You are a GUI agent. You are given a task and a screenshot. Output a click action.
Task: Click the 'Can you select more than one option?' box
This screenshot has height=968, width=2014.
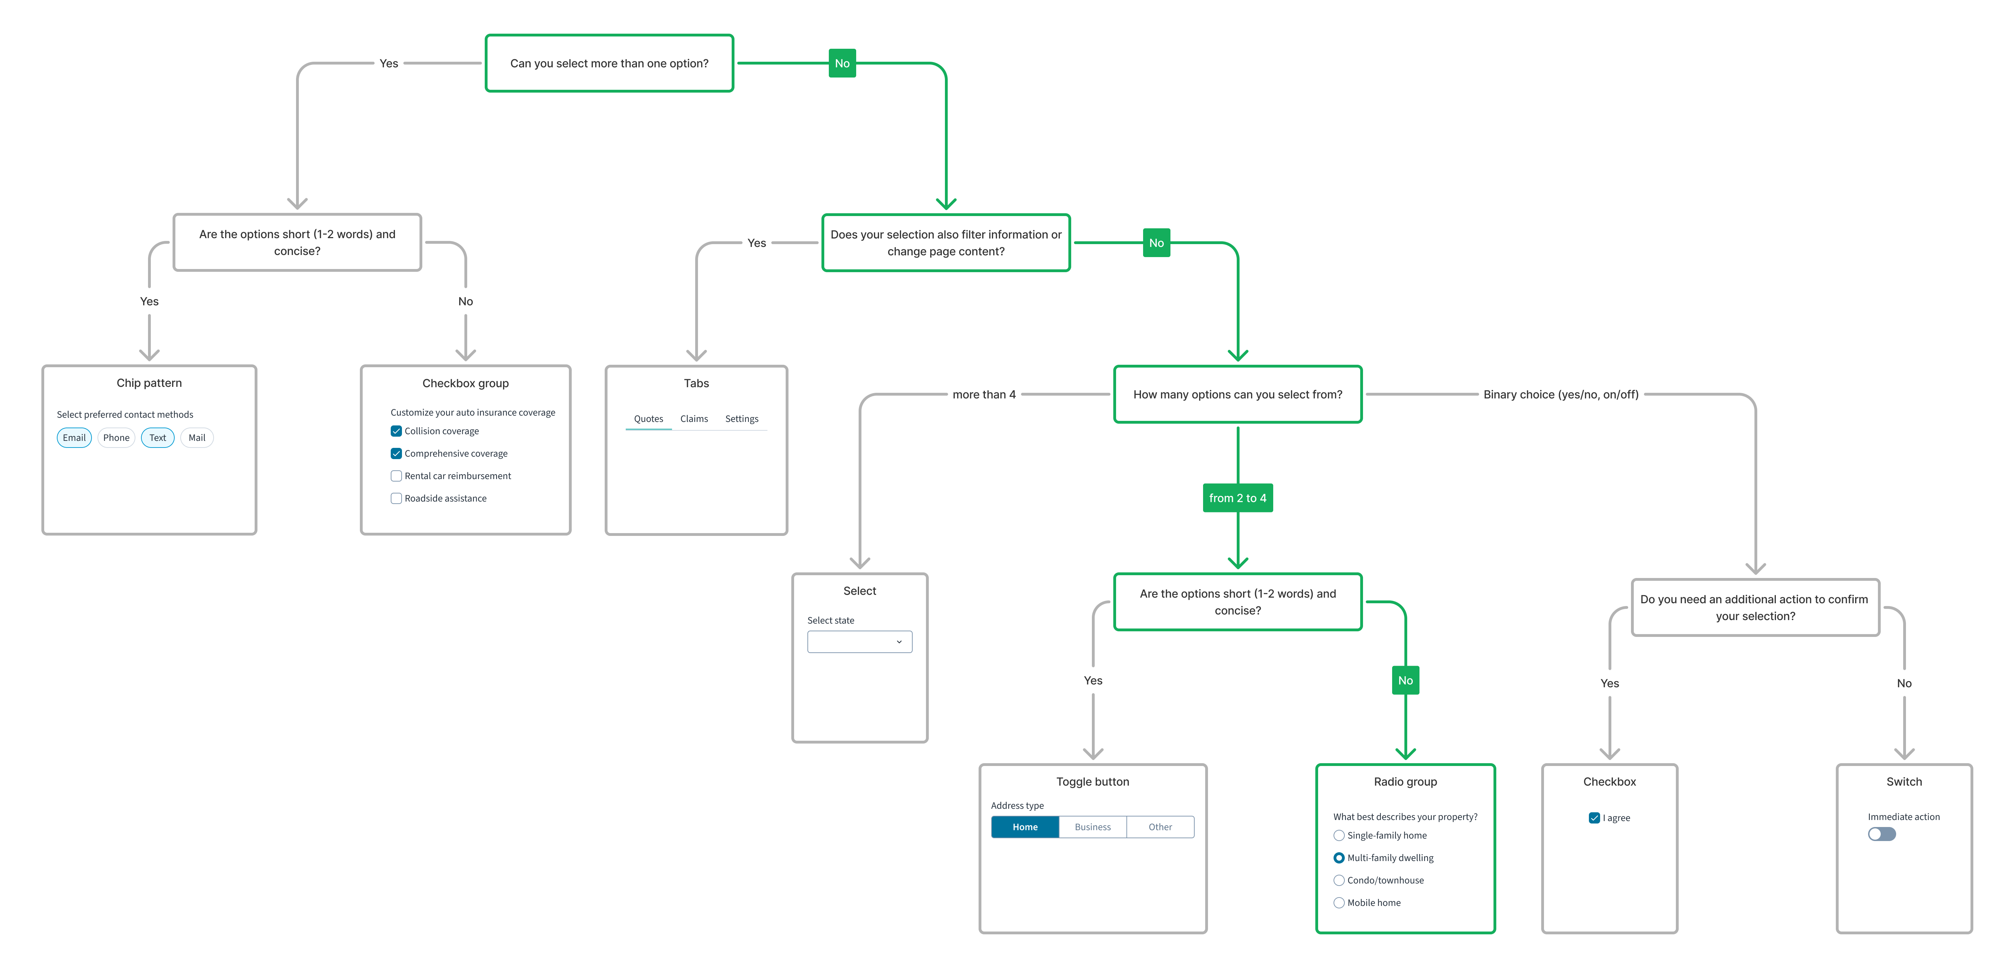(x=609, y=63)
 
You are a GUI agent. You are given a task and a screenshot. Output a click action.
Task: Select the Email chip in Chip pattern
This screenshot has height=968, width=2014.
(x=74, y=438)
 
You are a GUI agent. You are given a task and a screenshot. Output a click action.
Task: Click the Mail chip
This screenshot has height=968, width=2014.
(x=197, y=438)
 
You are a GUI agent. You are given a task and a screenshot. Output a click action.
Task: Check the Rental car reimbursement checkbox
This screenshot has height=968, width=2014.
(x=396, y=476)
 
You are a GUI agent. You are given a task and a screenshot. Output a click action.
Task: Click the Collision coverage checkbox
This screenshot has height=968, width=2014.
(x=396, y=431)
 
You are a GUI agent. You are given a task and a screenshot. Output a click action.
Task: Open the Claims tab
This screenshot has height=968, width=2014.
(x=693, y=419)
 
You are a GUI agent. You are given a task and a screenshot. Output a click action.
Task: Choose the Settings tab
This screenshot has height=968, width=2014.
(x=741, y=419)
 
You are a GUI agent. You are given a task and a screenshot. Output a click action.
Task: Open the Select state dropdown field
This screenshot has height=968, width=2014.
(x=859, y=642)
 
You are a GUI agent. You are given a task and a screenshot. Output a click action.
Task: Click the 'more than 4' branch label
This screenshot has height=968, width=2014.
(x=983, y=395)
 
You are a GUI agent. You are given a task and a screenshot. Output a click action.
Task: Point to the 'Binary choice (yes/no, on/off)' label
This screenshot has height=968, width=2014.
(x=1560, y=395)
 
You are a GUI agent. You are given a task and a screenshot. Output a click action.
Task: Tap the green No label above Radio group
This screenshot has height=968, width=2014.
(x=1405, y=680)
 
